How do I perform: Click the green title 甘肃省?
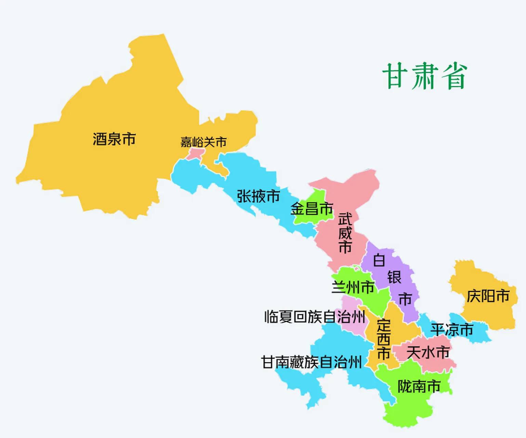point(424,76)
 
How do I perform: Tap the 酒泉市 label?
point(114,139)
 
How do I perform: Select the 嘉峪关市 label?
point(203,142)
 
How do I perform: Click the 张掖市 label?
point(259,196)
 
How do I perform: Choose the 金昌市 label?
point(312,208)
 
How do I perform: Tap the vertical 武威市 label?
point(345,233)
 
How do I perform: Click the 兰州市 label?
point(353,287)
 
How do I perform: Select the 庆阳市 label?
point(488,296)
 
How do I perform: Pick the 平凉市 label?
point(451,330)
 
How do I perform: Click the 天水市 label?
point(428,352)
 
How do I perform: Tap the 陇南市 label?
point(419,386)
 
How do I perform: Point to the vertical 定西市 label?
point(383,339)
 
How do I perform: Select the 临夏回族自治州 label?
point(315,317)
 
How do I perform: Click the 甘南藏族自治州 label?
point(311,362)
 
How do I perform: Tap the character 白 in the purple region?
point(379,260)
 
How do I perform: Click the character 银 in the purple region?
point(394,277)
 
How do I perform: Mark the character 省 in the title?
point(454,76)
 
